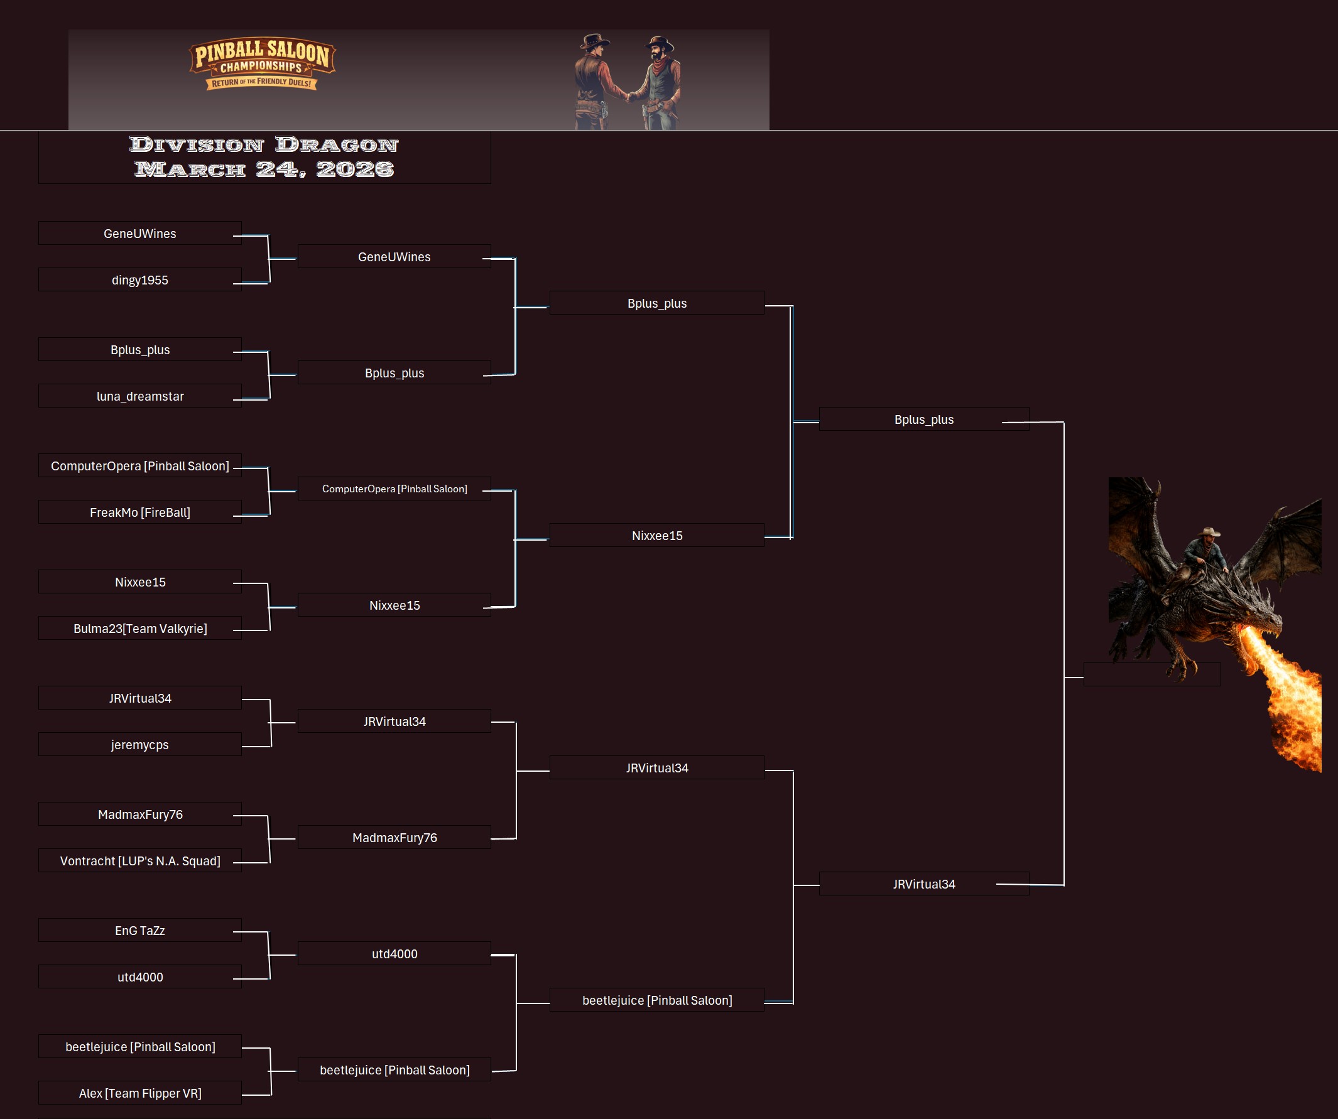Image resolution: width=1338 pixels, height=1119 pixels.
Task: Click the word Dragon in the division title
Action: point(337,145)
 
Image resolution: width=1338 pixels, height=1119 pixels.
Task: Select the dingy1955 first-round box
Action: point(139,280)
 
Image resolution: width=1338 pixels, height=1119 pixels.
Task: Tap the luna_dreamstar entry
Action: point(139,396)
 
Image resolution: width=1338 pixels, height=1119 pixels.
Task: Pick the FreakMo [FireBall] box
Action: point(139,512)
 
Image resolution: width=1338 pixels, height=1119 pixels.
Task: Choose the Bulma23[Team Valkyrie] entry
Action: point(139,629)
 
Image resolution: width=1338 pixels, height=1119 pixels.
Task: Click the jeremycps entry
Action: point(139,745)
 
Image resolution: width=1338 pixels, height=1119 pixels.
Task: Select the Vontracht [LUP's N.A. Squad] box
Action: point(139,860)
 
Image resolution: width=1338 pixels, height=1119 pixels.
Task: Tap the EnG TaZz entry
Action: point(139,931)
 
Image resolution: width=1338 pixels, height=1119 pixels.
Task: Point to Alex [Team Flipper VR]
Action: point(139,1093)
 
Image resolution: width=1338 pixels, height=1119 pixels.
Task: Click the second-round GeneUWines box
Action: point(394,257)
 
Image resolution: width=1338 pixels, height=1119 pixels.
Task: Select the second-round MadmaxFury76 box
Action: point(394,838)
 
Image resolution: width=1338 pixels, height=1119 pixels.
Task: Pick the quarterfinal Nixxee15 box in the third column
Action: point(656,536)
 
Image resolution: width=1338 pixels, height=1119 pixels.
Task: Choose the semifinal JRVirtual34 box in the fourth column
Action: point(923,884)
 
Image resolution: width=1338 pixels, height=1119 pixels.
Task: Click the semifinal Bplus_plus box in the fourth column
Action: point(923,419)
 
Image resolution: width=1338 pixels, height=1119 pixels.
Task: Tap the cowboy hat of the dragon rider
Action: point(1208,532)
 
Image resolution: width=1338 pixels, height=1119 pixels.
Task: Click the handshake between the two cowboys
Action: point(629,97)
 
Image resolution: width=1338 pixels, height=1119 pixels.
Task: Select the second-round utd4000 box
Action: point(394,953)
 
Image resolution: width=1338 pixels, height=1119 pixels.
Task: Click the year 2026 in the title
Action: point(355,170)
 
